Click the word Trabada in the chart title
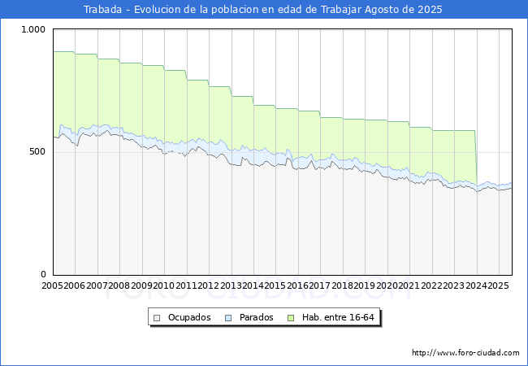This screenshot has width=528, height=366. (102, 10)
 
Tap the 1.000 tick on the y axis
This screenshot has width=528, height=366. (35, 29)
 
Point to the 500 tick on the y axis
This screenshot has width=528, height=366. (39, 152)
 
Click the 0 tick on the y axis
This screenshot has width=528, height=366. (45, 274)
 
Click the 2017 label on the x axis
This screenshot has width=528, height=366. (319, 285)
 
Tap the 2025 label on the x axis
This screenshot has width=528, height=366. (497, 285)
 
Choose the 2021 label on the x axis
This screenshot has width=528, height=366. (409, 285)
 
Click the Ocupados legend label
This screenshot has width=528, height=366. (189, 317)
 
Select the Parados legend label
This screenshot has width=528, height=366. (255, 317)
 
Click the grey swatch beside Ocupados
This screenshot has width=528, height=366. (158, 317)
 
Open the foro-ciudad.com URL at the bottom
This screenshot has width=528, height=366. (465, 353)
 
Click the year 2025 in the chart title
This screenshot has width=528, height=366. (432, 10)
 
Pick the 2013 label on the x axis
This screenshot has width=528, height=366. (231, 285)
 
